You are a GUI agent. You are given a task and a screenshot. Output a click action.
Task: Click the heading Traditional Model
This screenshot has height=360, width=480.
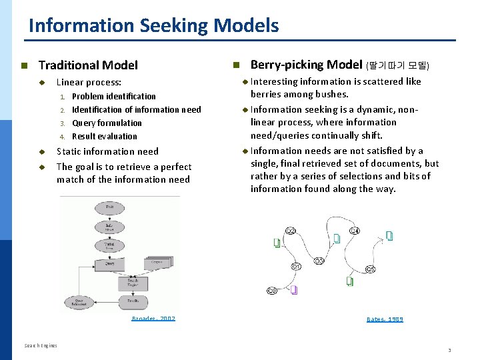(x=88, y=65)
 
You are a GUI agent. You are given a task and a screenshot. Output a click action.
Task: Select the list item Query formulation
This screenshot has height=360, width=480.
(x=107, y=123)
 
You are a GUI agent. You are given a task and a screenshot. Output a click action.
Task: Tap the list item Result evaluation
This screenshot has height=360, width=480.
(x=104, y=137)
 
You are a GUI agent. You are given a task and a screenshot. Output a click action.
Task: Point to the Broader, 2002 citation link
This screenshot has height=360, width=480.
(x=153, y=319)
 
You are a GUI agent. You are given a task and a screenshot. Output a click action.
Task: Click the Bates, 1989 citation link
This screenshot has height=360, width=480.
(x=385, y=319)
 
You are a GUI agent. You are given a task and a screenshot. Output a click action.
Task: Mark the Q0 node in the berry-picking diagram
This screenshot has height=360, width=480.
(x=272, y=291)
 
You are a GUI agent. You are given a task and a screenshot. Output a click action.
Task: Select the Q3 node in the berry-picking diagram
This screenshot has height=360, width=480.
(x=319, y=261)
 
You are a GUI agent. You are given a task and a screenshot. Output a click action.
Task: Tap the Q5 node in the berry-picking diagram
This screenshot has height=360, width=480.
(x=370, y=269)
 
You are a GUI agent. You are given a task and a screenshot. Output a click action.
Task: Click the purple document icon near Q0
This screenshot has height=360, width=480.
(x=294, y=289)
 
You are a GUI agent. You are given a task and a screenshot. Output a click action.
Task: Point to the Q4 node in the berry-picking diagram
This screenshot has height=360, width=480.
(x=355, y=231)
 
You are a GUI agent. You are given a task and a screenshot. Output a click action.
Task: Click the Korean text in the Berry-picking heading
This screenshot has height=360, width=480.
(x=399, y=65)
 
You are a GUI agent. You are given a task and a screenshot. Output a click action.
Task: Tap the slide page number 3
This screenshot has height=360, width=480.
(x=449, y=349)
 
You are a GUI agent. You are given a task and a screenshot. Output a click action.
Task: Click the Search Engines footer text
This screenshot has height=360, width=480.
(x=41, y=345)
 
